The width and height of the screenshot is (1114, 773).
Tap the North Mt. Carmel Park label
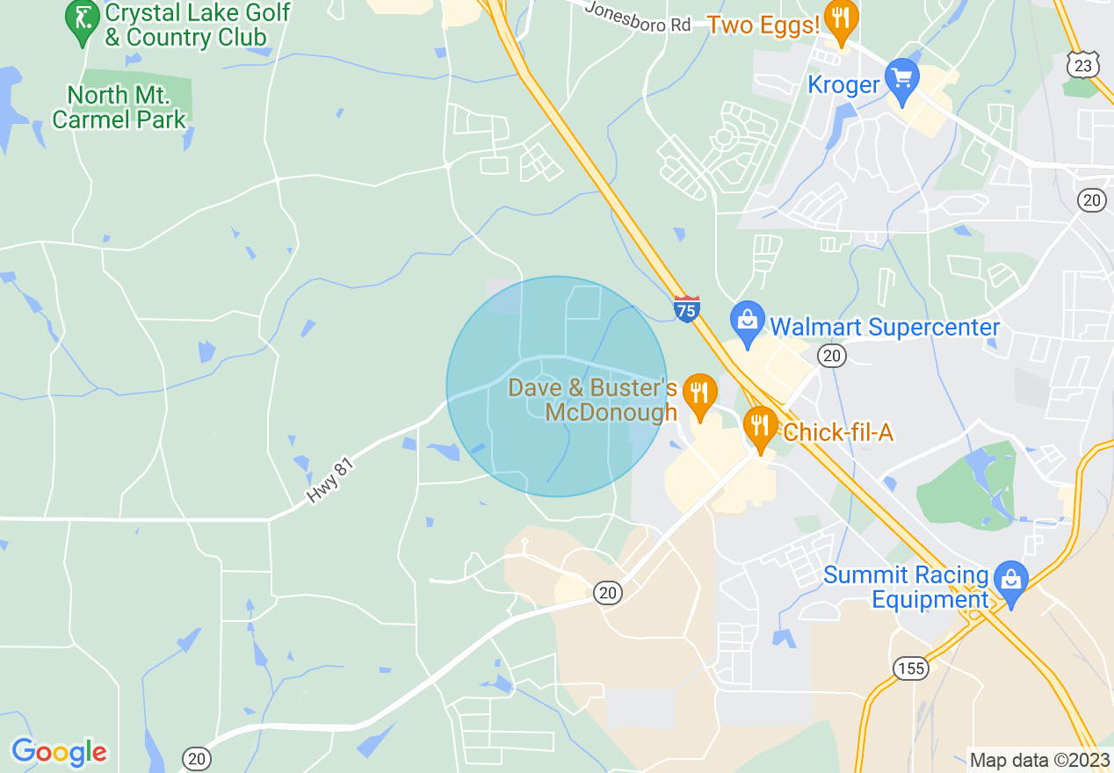point(119,107)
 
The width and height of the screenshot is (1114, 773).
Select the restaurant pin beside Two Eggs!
point(842,23)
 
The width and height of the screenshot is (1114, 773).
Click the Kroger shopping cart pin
point(901,81)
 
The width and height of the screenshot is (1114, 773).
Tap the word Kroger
point(843,84)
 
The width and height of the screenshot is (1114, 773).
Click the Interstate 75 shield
point(687,309)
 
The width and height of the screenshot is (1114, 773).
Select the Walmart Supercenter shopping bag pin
point(748,325)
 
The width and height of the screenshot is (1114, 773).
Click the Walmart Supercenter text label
point(885,328)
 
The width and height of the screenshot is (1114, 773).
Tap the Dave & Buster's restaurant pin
point(699,396)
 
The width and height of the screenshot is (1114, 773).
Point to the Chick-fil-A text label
point(837,432)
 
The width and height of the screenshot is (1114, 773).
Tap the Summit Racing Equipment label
point(906,588)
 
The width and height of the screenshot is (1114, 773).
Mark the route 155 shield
point(911,668)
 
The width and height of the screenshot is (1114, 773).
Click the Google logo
point(59,752)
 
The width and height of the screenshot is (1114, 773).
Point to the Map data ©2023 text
point(1038,760)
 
